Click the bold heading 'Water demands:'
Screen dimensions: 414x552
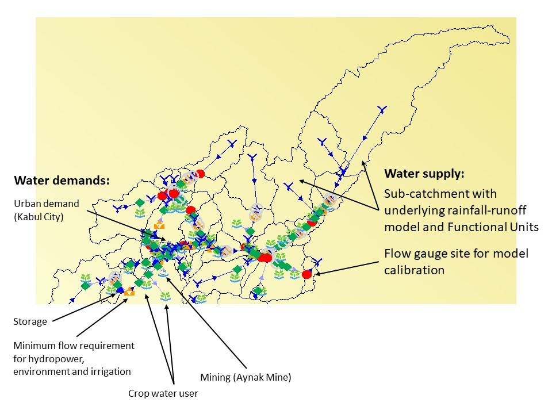(62, 180)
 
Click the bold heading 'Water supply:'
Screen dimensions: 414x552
(424, 174)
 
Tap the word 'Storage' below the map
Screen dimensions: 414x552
(30, 321)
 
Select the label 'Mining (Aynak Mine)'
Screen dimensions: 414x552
(246, 378)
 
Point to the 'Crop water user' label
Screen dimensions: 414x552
(163, 394)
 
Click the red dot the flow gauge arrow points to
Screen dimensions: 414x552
(307, 274)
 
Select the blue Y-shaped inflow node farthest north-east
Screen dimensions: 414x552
(381, 109)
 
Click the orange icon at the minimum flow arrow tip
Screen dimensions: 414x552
(129, 292)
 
